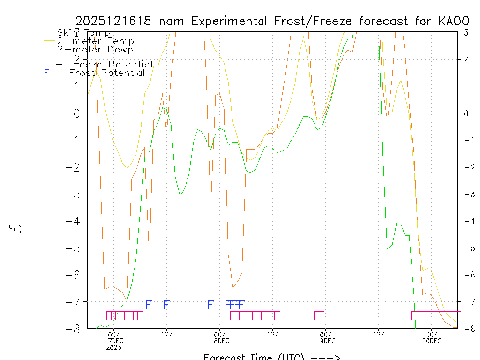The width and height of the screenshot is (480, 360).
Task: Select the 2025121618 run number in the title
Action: [x=112, y=21]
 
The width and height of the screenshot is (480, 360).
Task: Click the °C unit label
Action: [x=15, y=229]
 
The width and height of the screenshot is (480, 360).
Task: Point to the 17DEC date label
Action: [x=113, y=341]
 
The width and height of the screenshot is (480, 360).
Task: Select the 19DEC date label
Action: [x=325, y=341]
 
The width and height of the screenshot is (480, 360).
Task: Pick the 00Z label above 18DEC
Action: [x=219, y=334]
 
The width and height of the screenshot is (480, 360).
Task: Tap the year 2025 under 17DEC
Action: [x=113, y=347]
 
